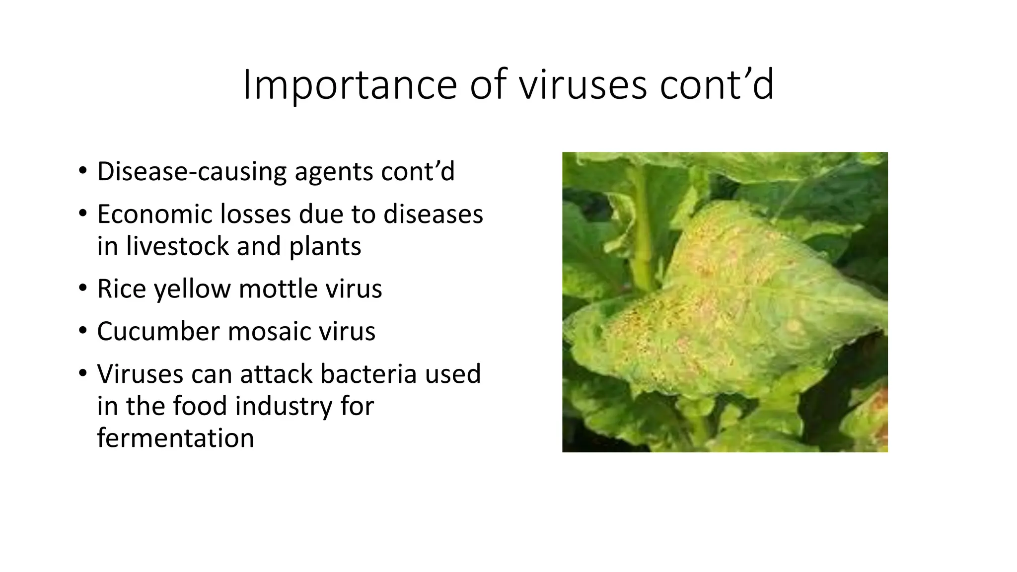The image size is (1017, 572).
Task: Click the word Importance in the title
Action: click(x=349, y=85)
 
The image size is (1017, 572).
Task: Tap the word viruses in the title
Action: click(x=583, y=85)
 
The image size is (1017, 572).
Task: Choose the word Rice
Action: click(x=122, y=289)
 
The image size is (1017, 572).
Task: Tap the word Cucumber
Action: click(x=158, y=332)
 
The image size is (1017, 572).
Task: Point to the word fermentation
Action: click(x=175, y=438)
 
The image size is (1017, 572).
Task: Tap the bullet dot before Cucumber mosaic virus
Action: click(x=82, y=331)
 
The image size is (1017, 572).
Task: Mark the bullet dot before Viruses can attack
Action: click(x=82, y=374)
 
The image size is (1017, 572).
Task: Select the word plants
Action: click(x=325, y=246)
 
